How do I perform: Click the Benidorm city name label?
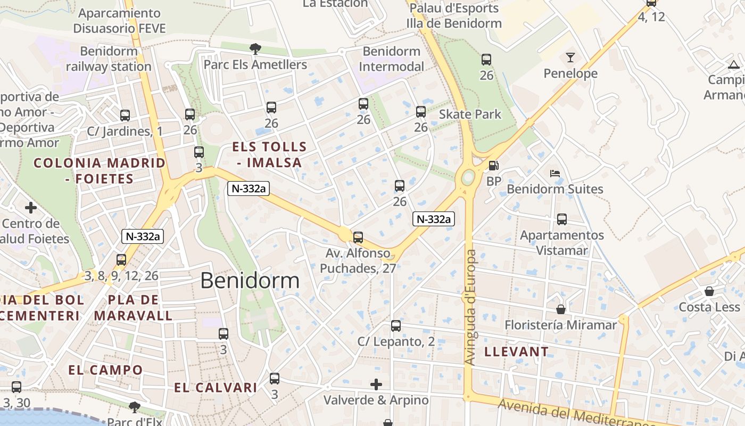coord(250,280)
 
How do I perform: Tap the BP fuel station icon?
coord(493,166)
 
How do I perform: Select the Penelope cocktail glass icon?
coord(570,58)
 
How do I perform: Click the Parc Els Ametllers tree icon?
coord(255,49)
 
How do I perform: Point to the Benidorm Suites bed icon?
coord(555,174)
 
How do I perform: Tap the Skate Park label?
coord(470,114)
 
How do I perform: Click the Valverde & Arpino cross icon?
coord(376,384)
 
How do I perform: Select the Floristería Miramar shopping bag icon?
coord(561,309)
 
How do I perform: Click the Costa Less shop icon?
coord(709,291)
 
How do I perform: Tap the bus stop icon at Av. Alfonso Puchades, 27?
coord(358,237)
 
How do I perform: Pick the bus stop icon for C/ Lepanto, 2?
coord(395,325)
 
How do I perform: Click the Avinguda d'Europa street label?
coord(470,307)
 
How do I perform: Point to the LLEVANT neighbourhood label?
coord(516,351)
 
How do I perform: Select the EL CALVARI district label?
coord(216,388)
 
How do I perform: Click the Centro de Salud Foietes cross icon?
coord(31,208)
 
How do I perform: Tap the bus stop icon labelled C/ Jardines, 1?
coord(125,115)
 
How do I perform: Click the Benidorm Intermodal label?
coord(391,59)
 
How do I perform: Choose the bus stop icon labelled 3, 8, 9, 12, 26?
coord(121,260)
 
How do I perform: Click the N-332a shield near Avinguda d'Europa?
coord(434,219)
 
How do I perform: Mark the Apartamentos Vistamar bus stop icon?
coord(561,219)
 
